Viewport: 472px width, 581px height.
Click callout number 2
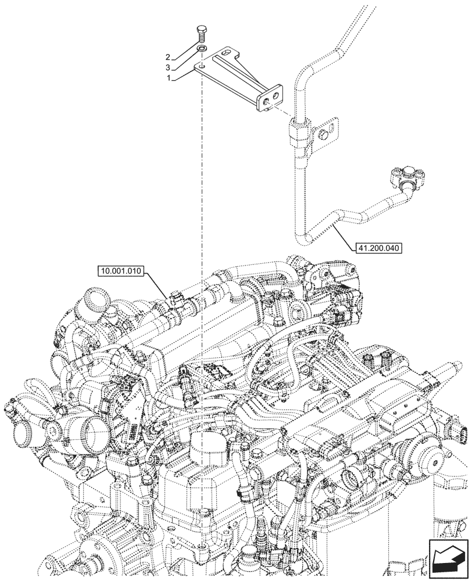[x=167, y=57]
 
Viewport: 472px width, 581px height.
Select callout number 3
[x=167, y=67]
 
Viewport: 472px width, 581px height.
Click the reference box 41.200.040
[x=377, y=247]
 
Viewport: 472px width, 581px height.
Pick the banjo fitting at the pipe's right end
[x=407, y=177]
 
